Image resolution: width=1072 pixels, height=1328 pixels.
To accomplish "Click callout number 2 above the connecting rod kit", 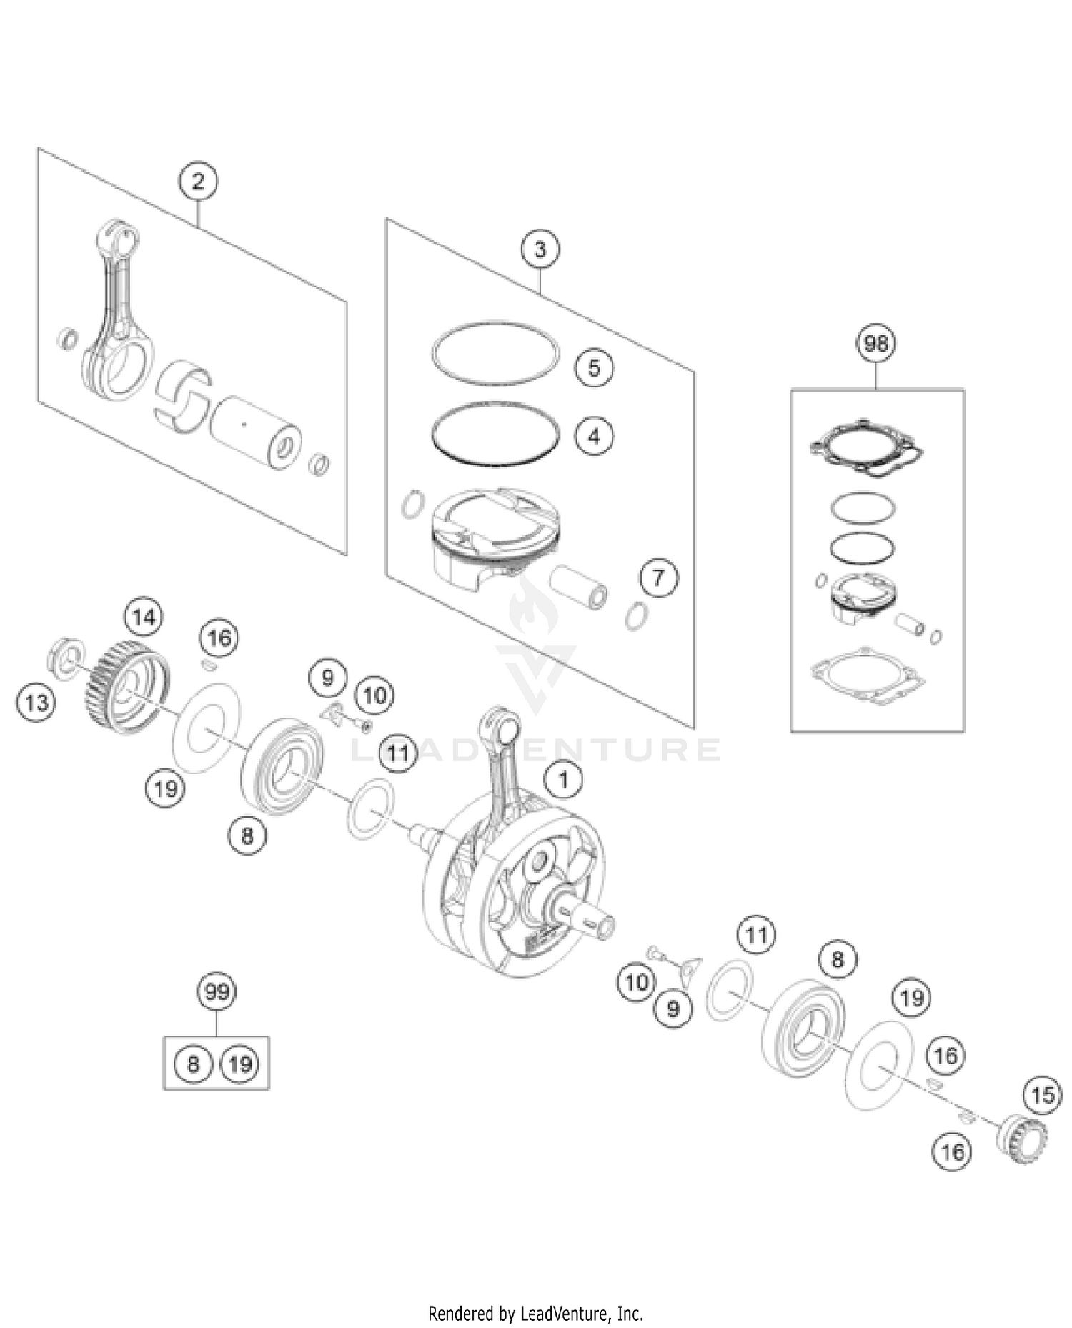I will pyautogui.click(x=198, y=181).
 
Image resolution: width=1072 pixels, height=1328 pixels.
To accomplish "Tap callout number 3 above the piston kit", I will pyautogui.click(x=540, y=249).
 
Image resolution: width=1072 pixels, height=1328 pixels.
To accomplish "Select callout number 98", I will pyautogui.click(x=876, y=344).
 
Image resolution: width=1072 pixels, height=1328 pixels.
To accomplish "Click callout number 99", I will pyautogui.click(x=217, y=992).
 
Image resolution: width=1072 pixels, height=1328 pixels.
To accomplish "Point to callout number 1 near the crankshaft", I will pyautogui.click(x=564, y=779).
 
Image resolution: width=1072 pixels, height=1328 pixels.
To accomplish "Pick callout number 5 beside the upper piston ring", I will pyautogui.click(x=595, y=367).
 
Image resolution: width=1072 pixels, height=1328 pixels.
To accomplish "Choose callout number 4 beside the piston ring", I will pyautogui.click(x=595, y=435).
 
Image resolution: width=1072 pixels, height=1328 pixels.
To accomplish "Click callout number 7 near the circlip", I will pyautogui.click(x=658, y=577).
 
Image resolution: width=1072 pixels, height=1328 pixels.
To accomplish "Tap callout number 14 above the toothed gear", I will pyautogui.click(x=144, y=617).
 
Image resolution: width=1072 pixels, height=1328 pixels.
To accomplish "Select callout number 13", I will pyautogui.click(x=36, y=703).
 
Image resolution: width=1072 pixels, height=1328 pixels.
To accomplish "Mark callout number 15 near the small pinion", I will pyautogui.click(x=1043, y=1095).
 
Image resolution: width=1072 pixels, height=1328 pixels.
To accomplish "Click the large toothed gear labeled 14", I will pyautogui.click(x=129, y=686).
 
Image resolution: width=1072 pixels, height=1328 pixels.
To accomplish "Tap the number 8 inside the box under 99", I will pyautogui.click(x=193, y=1064).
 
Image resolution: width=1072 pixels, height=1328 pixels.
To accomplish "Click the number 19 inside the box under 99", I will pyautogui.click(x=240, y=1064).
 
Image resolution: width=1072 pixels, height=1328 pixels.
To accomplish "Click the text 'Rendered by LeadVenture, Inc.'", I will pyautogui.click(x=535, y=1313).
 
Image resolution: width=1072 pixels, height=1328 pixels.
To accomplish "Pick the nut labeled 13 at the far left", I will pyautogui.click(x=66, y=656).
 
